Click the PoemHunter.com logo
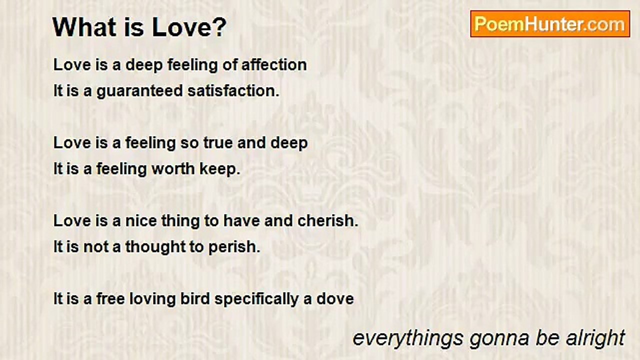click(550, 24)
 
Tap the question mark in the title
click(220, 28)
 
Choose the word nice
click(140, 221)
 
